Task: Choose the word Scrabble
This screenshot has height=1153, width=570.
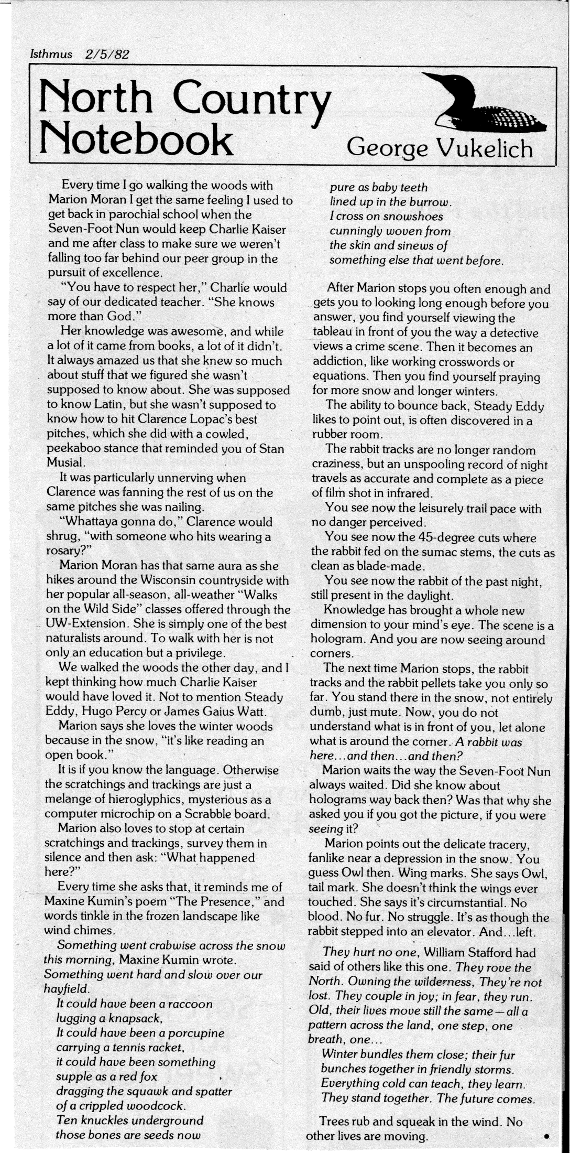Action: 200,814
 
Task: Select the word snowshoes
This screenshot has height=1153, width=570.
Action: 412,217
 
